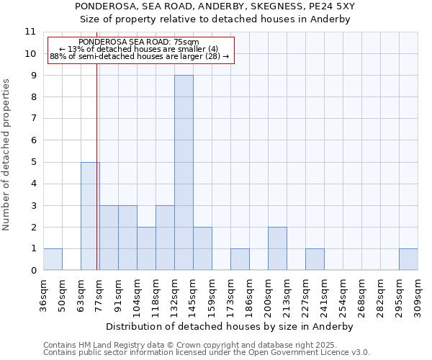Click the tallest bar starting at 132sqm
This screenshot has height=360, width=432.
tap(184, 173)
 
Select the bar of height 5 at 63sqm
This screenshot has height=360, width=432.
tap(90, 216)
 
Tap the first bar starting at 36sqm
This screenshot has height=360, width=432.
tap(53, 259)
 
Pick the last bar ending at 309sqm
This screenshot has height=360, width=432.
tap(408, 259)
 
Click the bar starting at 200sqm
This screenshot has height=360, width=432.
tap(277, 248)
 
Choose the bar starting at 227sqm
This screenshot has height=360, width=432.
tap(315, 259)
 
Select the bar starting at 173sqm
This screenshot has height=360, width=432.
tap(240, 259)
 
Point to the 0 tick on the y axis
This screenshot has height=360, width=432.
tap(33, 271)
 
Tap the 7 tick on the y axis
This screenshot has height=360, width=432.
tap(33, 119)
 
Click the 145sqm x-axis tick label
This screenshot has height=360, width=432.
tap(193, 295)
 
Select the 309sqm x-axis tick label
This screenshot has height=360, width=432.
tap(418, 295)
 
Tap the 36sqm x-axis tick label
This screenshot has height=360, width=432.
tap(43, 295)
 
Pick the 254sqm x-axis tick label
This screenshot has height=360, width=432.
tap(343, 295)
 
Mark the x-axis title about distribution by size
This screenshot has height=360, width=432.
tap(230, 326)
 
